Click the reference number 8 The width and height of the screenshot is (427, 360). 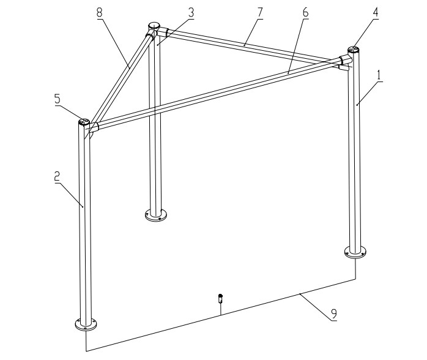tap(100, 12)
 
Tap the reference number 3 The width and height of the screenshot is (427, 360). tap(191, 12)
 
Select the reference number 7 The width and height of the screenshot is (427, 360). tap(260, 12)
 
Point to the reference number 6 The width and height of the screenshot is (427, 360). tap(305, 12)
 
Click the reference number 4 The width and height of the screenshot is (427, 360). tap(376, 12)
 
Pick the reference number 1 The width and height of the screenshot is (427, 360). tap(379, 75)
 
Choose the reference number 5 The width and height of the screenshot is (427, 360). tap(57, 99)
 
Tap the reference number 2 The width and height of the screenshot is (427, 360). tap(57, 176)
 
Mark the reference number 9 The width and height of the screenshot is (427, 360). tap(334, 314)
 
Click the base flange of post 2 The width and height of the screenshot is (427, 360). tap(86, 324)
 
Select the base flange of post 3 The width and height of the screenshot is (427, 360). tap(156, 215)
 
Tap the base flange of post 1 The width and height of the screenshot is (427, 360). tap(355, 252)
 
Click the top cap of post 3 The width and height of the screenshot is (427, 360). tap(154, 26)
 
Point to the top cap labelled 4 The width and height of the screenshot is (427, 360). tap(354, 50)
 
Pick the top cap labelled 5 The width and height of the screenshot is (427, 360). tap(84, 121)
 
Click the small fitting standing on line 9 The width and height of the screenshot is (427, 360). tap(221, 298)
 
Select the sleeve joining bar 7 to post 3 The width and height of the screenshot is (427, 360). tap(163, 32)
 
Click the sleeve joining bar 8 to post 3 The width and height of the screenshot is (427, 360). tap(150, 36)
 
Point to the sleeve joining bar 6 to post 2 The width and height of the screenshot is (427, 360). tap(94, 127)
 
